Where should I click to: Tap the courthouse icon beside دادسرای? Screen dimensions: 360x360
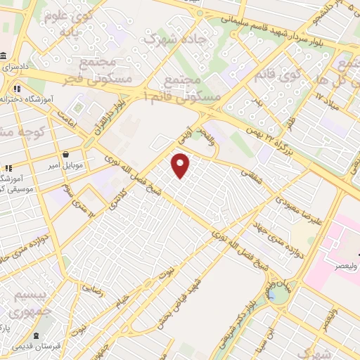coord(5,56)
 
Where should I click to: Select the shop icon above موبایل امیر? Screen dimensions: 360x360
coord(65,154)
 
